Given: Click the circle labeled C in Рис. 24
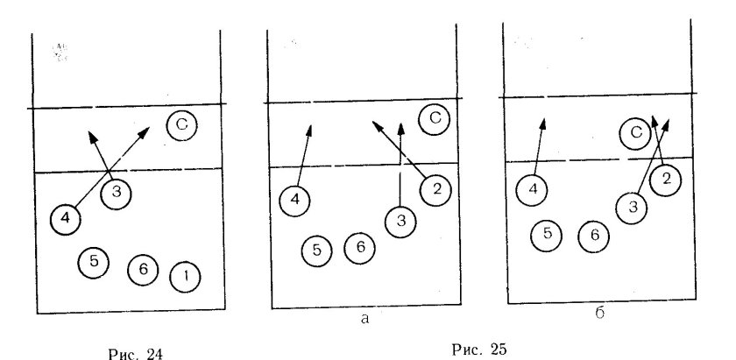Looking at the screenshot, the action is click(x=181, y=125).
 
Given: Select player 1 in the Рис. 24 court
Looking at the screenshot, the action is click(x=185, y=277).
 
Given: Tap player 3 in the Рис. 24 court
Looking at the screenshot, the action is click(x=116, y=194).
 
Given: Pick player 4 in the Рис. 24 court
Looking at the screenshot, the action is click(x=66, y=219).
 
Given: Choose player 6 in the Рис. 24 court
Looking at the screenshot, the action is click(x=143, y=270).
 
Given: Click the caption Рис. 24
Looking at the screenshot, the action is click(x=136, y=353).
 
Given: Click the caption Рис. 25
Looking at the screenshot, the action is click(x=480, y=349).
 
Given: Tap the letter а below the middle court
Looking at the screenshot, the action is click(x=365, y=319).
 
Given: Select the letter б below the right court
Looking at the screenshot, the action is click(x=600, y=313).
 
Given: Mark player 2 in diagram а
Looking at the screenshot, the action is click(x=436, y=190).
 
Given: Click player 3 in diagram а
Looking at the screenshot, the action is click(x=400, y=222).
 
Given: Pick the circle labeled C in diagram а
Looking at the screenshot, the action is click(x=435, y=119).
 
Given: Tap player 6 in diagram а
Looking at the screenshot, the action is click(x=359, y=248).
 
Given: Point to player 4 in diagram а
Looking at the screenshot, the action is click(x=294, y=201).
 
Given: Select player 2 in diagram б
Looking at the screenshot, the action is click(x=666, y=180).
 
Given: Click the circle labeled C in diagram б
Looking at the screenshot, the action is click(x=635, y=134).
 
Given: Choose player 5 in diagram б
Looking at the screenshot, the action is click(x=547, y=235).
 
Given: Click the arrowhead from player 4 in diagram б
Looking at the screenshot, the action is click(x=543, y=124).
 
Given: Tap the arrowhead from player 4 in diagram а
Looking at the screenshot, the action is click(x=308, y=131).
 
